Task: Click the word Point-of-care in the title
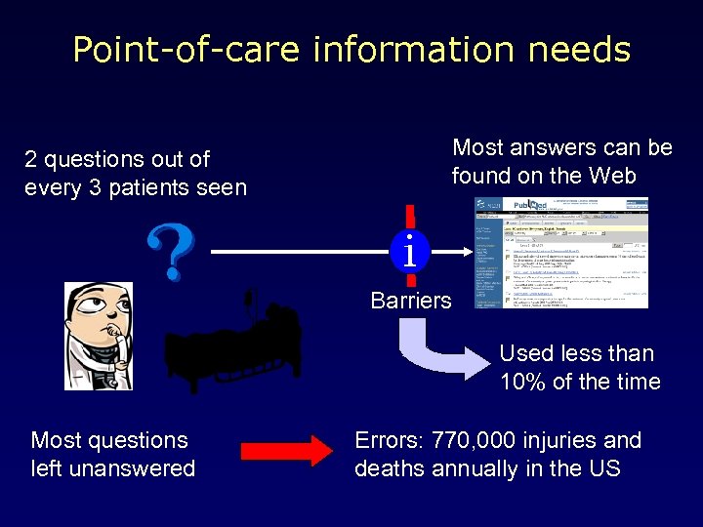pos(186,50)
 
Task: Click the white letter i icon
pos(410,252)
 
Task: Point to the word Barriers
pos(411,301)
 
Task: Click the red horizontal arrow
pos(286,451)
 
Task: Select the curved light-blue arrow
pos(439,354)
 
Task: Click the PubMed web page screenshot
pos(561,253)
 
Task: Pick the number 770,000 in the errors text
pos(476,441)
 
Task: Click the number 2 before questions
pos(30,159)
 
